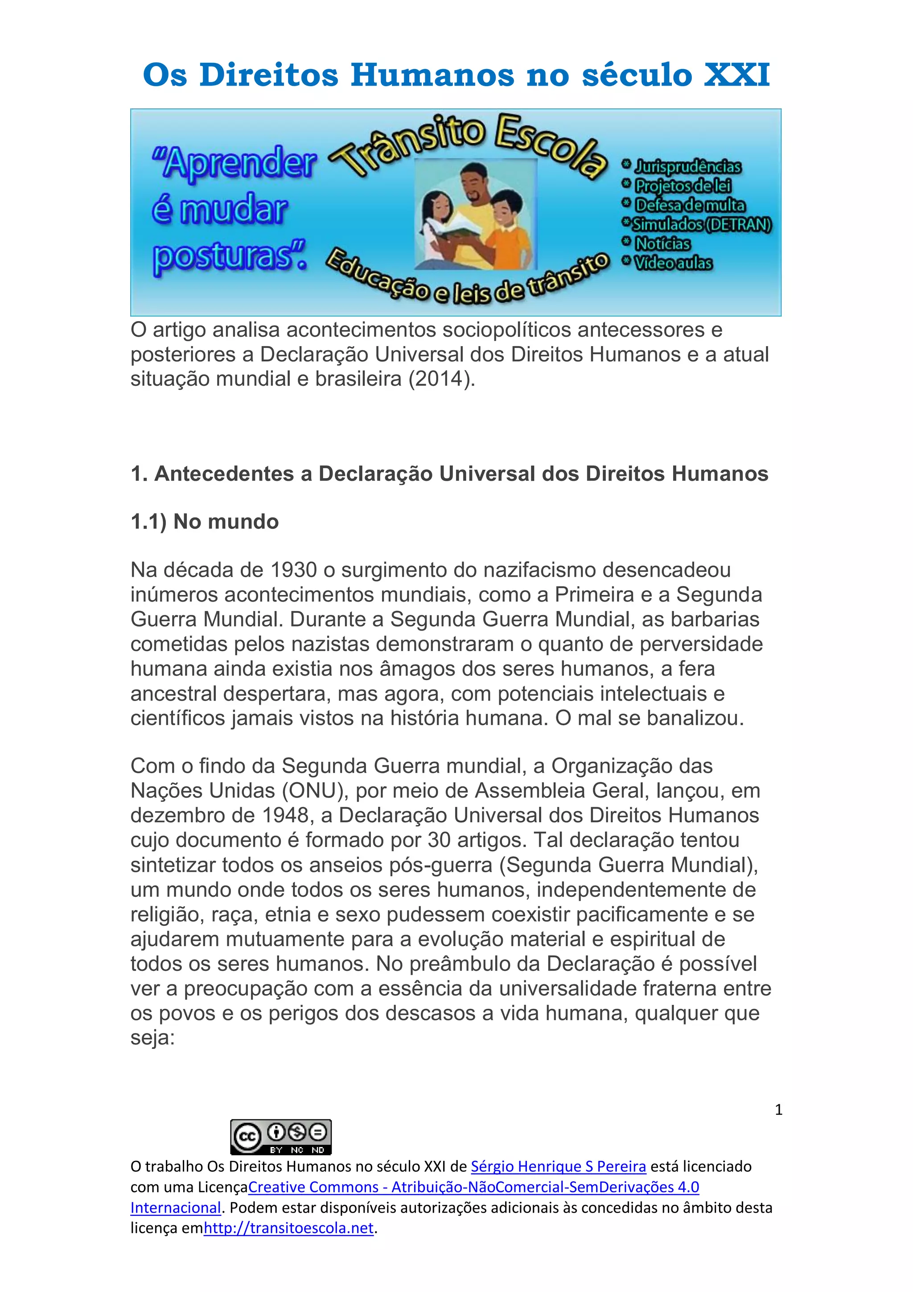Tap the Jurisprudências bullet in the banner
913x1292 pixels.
[x=687, y=166]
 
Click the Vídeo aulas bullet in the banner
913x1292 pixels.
[x=673, y=263]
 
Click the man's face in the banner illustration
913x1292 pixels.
[x=473, y=183]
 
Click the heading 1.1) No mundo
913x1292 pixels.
[x=205, y=522]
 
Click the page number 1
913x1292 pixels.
[x=778, y=1110]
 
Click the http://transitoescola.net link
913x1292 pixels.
[x=288, y=1228]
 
